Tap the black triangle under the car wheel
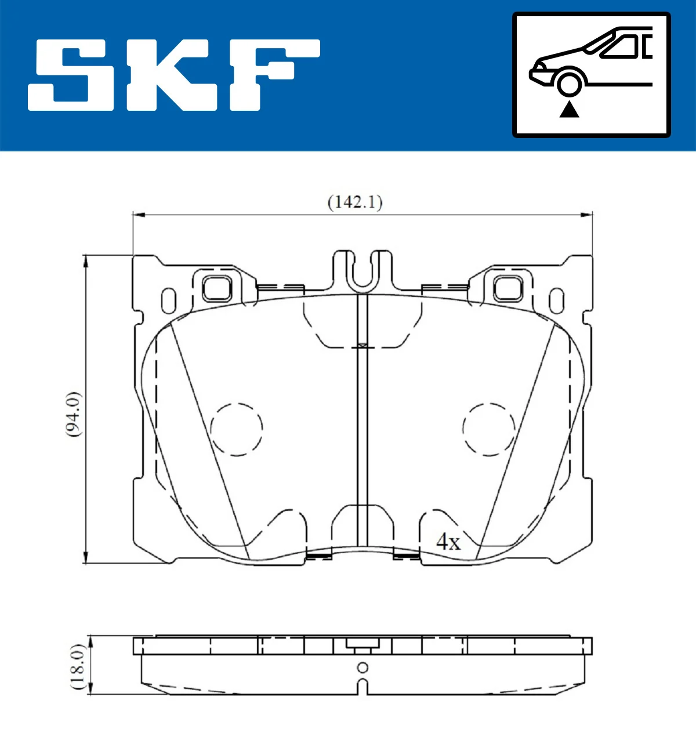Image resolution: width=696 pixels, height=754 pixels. [x=569, y=109]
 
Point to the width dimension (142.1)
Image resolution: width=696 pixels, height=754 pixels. [x=355, y=202]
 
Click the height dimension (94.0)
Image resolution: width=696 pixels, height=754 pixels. [x=73, y=414]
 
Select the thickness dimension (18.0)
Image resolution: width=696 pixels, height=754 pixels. [x=78, y=666]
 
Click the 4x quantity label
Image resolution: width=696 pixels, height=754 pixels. [x=448, y=542]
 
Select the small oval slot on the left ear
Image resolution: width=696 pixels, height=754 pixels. [x=169, y=300]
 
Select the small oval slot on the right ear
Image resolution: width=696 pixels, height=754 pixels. [x=556, y=300]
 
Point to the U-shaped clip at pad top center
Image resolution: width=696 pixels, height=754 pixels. [x=362, y=271]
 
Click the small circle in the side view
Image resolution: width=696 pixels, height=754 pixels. [x=362, y=668]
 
